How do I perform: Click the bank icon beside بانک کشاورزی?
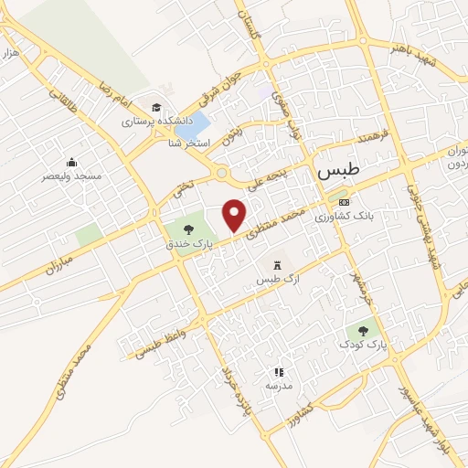point(344,202)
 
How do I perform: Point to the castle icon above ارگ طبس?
point(278,263)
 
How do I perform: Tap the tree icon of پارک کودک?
point(364,331)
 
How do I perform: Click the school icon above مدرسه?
point(279,372)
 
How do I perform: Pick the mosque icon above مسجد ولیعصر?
point(71,162)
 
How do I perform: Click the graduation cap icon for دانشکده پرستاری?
point(157,107)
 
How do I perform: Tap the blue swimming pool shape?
point(198,126)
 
